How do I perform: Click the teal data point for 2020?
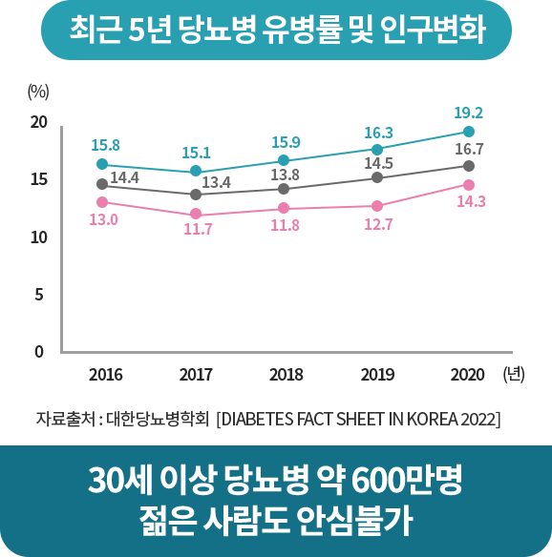pyautogui.click(x=469, y=132)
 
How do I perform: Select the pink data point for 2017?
pyautogui.click(x=196, y=215)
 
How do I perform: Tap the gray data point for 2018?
pyautogui.click(x=286, y=189)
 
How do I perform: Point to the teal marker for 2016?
pyautogui.click(x=102, y=164)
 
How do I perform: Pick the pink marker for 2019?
pyautogui.click(x=377, y=206)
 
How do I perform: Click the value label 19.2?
pyautogui.click(x=468, y=112)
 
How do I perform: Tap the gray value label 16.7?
pyautogui.click(x=469, y=150)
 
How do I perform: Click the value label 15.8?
pyautogui.click(x=105, y=145)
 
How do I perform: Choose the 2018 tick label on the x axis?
pyautogui.click(x=287, y=375)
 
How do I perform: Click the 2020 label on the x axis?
pyautogui.click(x=468, y=375)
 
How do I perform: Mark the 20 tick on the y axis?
pyautogui.click(x=38, y=122)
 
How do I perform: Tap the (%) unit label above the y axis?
pyautogui.click(x=38, y=92)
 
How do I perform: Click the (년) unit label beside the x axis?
pyautogui.click(x=514, y=374)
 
